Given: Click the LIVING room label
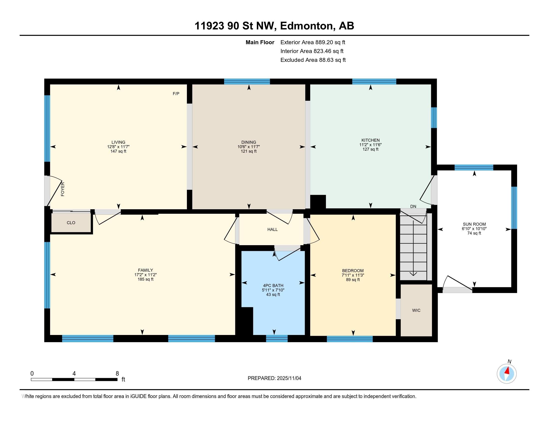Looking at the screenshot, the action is (118, 142).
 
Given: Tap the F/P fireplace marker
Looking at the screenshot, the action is (176, 94).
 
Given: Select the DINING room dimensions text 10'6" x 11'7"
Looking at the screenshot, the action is (249, 147).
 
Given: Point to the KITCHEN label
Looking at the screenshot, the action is (370, 140).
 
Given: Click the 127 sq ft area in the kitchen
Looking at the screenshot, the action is (370, 149).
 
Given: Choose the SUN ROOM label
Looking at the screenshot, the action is (474, 224).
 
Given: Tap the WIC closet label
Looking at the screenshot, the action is (416, 311).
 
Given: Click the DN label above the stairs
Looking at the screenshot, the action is (413, 207).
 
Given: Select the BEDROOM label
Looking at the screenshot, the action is (353, 271).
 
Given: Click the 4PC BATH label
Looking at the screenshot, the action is (273, 286).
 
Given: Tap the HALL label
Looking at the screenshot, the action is (273, 229).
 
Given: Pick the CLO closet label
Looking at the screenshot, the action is (71, 223).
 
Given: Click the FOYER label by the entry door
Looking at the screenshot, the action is (63, 189).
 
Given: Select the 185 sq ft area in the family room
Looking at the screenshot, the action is (145, 279).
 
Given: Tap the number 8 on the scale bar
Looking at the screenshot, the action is (117, 374).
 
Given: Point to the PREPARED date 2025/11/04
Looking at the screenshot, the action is (288, 378).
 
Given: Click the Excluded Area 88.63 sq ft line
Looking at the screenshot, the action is (313, 60).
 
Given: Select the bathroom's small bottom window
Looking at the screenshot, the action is (277, 339).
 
